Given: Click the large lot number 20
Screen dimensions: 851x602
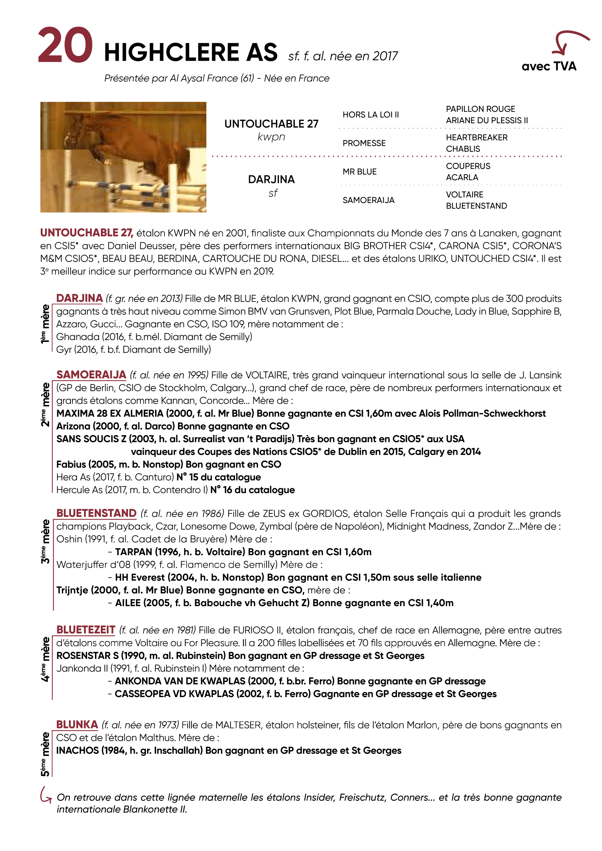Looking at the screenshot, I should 65,45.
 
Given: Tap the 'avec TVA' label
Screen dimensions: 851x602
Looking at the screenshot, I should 548,66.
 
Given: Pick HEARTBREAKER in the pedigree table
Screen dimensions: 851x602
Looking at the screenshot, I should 476,138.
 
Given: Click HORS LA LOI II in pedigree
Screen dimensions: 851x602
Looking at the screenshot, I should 370,115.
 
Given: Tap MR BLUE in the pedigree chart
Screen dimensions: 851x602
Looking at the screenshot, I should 359,172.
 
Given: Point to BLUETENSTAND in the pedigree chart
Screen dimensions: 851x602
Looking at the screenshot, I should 476,206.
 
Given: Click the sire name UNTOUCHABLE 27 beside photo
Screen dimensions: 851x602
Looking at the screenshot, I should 271,124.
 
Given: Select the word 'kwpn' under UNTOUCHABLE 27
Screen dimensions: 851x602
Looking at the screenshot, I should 271,137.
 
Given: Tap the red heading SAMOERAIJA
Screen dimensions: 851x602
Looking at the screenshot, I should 91,375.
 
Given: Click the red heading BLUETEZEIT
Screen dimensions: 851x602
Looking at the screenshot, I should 86,630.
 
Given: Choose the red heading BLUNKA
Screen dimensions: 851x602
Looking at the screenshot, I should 77,725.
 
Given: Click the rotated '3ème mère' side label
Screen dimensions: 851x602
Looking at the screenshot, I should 45,541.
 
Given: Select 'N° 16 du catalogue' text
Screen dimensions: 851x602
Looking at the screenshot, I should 253,490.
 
